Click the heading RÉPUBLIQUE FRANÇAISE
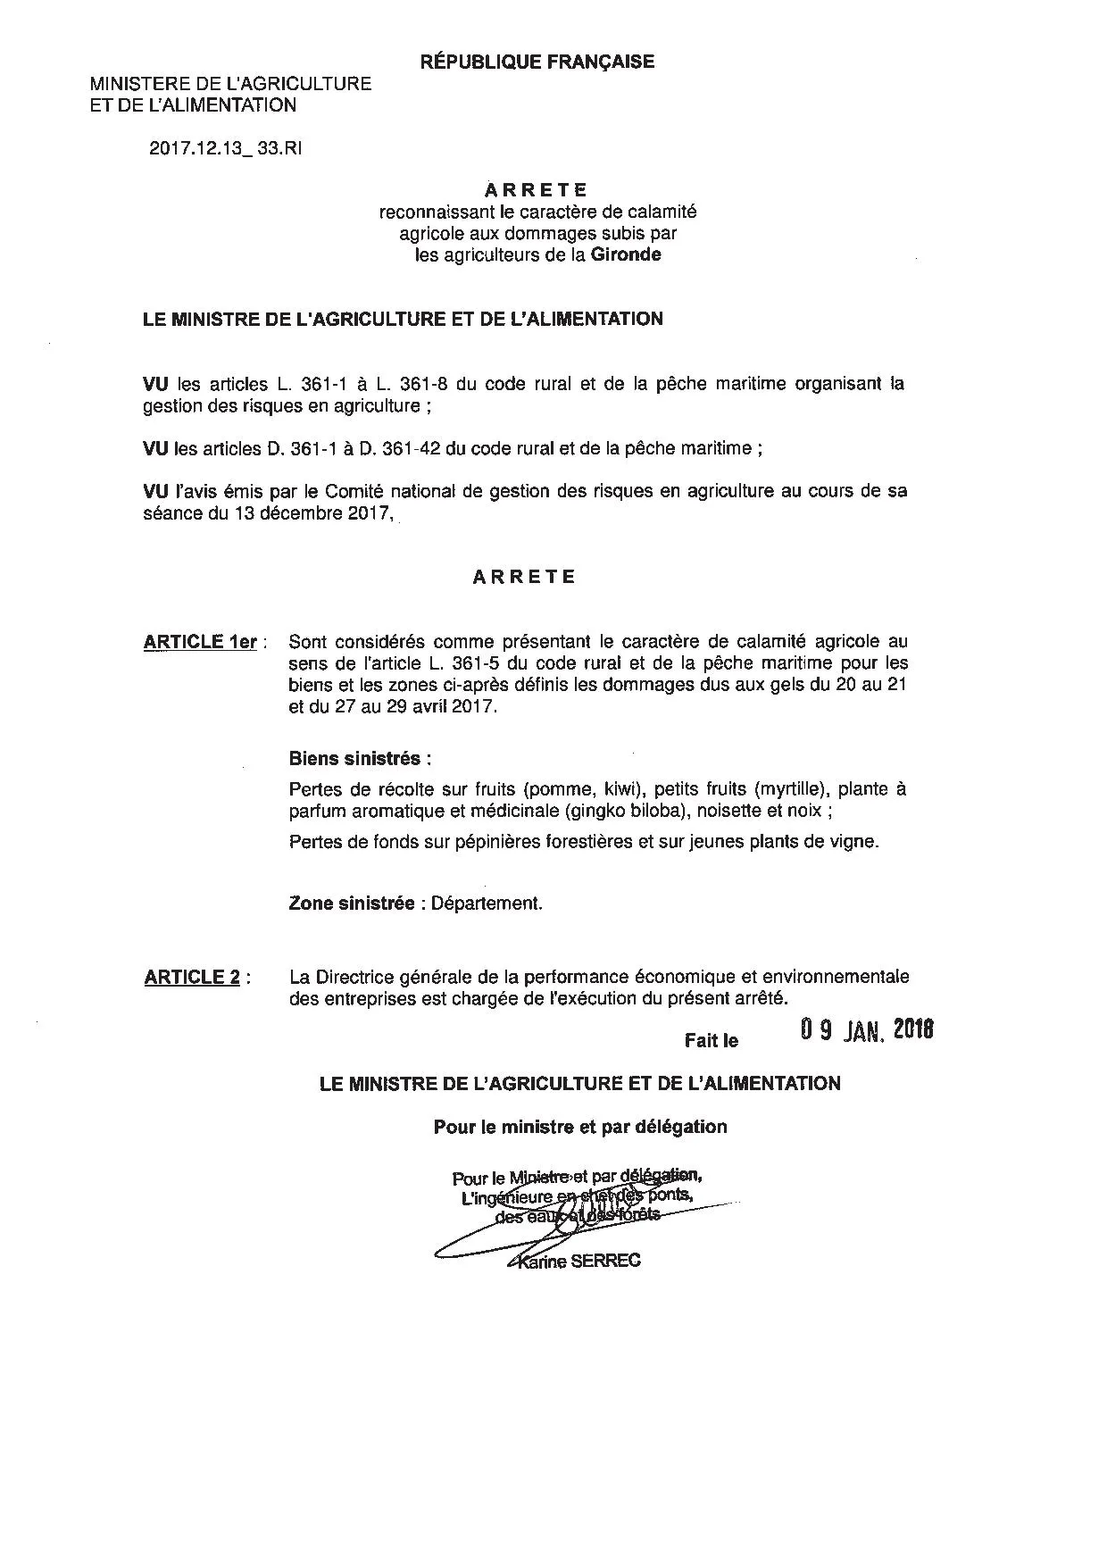(x=537, y=62)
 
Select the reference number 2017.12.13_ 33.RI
(x=225, y=149)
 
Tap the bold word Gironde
(x=625, y=254)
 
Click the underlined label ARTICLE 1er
(x=200, y=642)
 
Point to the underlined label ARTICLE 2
(x=192, y=978)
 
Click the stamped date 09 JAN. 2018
(x=866, y=1031)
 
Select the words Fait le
(x=712, y=1041)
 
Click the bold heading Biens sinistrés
(x=360, y=759)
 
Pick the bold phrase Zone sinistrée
(x=352, y=903)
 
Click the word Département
(x=487, y=903)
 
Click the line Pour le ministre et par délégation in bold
(x=580, y=1127)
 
